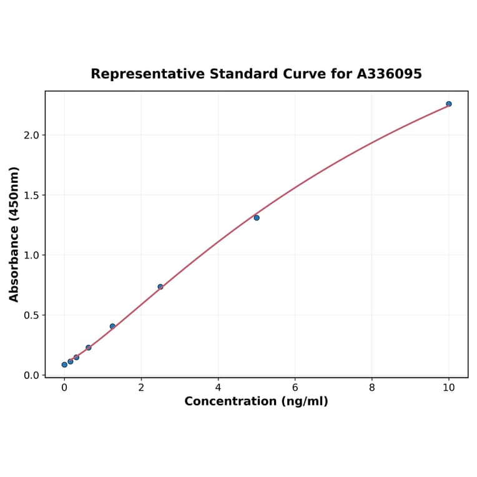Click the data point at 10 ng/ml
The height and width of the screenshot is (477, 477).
point(448,104)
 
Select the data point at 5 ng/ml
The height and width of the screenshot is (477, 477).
point(257,218)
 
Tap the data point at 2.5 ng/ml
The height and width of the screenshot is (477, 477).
point(160,287)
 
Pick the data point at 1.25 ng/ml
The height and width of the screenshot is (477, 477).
point(112,327)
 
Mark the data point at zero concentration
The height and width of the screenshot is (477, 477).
point(64,365)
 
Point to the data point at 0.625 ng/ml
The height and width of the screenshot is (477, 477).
point(89,348)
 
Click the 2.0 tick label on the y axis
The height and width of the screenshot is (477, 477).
point(31,135)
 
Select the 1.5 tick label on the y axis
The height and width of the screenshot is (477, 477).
point(31,195)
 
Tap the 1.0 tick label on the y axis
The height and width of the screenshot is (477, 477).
point(31,255)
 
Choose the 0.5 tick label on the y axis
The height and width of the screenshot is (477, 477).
point(31,315)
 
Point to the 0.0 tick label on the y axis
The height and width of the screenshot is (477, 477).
point(31,375)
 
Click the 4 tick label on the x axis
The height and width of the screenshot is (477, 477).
point(218,388)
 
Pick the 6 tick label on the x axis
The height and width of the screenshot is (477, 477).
point(295,388)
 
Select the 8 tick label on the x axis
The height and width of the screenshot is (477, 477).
point(372,388)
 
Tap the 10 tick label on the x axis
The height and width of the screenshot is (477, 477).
point(448,388)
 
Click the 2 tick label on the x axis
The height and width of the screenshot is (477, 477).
point(141,388)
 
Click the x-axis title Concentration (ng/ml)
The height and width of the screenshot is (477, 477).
point(256,401)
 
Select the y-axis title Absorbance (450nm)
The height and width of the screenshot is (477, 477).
point(14,234)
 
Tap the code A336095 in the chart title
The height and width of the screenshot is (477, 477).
point(390,74)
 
